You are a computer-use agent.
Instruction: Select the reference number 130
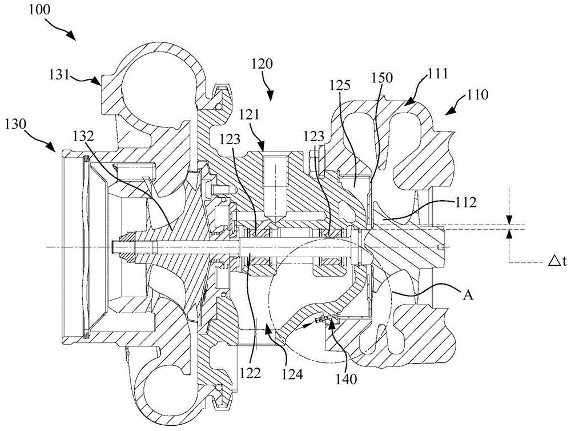(15, 125)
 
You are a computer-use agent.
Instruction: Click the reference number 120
(262, 65)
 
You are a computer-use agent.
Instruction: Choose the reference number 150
(383, 78)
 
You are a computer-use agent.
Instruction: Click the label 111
(436, 74)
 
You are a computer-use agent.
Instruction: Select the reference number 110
(477, 95)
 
